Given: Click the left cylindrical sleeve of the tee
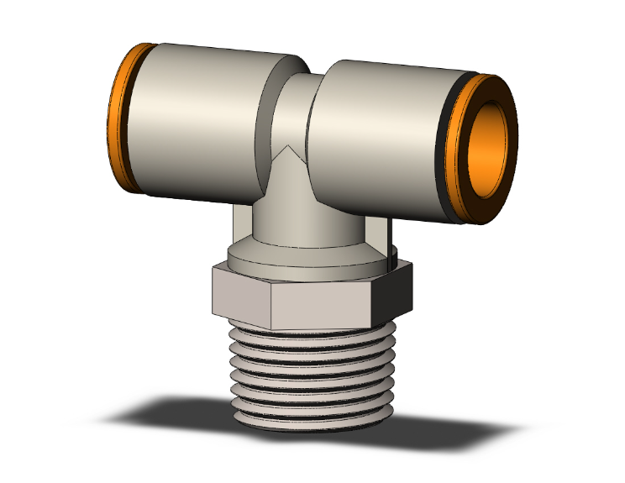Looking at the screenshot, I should pyautogui.click(x=197, y=122).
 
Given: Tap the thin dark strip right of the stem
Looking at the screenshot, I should pyautogui.click(x=390, y=235).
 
